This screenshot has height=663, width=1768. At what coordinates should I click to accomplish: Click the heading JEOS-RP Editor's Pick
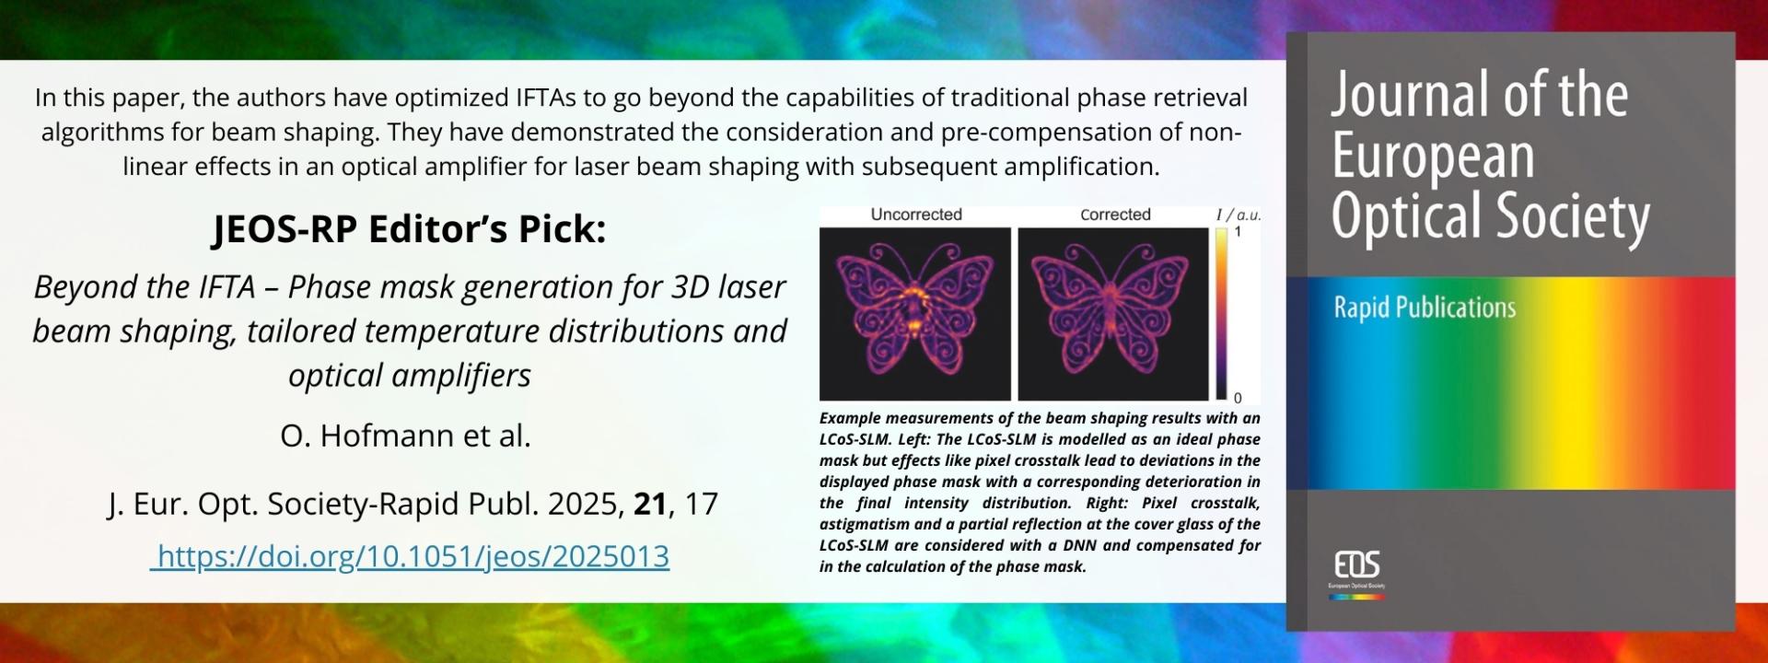pyautogui.click(x=410, y=229)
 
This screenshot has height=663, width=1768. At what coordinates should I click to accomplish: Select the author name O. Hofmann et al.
pyautogui.click(x=406, y=435)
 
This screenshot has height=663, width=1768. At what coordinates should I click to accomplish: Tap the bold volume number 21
pyautogui.click(x=650, y=504)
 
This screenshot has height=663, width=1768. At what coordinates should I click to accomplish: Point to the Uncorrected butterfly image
pyautogui.click(x=915, y=314)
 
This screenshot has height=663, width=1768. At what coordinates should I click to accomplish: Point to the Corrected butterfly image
pyautogui.click(x=1113, y=314)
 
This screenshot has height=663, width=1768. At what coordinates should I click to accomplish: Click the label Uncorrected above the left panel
pyautogui.click(x=916, y=215)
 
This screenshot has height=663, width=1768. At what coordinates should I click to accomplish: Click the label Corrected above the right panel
pyautogui.click(x=1115, y=215)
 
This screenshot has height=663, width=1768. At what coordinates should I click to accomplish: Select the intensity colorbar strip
pyautogui.click(x=1221, y=314)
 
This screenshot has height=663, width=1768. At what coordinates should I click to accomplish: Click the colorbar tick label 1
pyautogui.click(x=1238, y=232)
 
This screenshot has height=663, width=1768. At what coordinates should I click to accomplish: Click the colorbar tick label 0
pyautogui.click(x=1238, y=398)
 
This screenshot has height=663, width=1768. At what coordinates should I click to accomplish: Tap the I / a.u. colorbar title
pyautogui.click(x=1239, y=215)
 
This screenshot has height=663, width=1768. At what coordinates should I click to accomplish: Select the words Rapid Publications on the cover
pyautogui.click(x=1425, y=307)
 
